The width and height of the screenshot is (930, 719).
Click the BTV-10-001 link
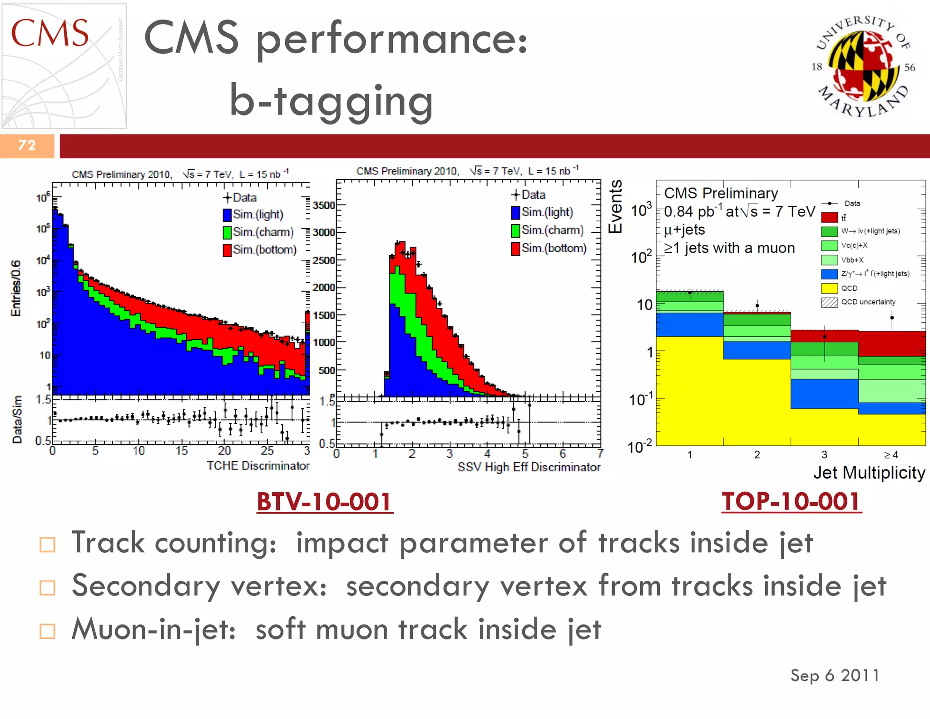(324, 502)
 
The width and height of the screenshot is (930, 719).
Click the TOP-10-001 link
(791, 502)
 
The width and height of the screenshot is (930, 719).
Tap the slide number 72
(27, 145)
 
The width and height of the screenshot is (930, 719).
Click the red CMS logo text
(49, 33)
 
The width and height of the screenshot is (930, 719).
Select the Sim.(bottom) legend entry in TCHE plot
(260, 250)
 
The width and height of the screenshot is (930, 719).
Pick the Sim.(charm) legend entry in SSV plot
(548, 230)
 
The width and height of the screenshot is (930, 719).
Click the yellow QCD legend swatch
(829, 288)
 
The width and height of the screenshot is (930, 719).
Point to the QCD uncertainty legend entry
(867, 302)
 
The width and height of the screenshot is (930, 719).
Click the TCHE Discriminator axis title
(258, 466)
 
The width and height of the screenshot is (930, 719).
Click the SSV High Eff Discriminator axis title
(529, 467)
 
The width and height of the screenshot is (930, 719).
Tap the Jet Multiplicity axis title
(869, 473)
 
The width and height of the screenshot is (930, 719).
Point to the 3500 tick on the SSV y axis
(324, 205)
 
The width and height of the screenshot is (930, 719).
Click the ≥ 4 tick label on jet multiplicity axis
(890, 454)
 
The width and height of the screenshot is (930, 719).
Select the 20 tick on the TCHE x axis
(224, 451)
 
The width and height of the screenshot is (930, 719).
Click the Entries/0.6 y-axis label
(16, 288)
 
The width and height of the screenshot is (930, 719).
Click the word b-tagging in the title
(331, 101)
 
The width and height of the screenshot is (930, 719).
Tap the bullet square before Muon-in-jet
(47, 631)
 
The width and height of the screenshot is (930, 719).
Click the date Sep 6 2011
(835, 675)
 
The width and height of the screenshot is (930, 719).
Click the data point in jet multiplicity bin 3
(825, 337)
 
